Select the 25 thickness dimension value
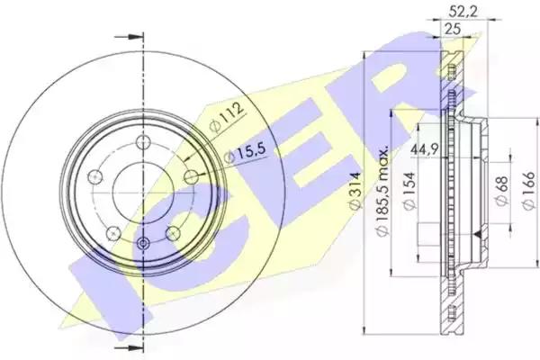coord(453,30)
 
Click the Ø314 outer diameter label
coord(354,191)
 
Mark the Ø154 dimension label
coord(409,191)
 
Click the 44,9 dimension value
coord(424,149)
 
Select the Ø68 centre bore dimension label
coord(502,191)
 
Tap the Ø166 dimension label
coord(528,191)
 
